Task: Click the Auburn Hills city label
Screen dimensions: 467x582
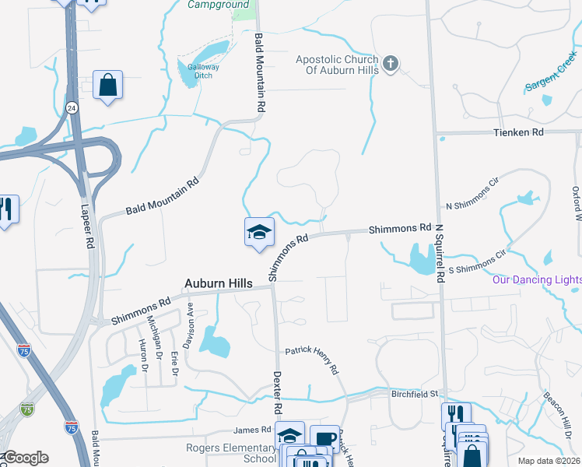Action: pyautogui.click(x=218, y=284)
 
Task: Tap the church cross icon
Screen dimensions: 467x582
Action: pyautogui.click(x=391, y=62)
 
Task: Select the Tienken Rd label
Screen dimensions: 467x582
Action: pyautogui.click(x=517, y=132)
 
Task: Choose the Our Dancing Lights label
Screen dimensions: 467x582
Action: pyautogui.click(x=537, y=279)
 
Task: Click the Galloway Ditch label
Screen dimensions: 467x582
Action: pyautogui.click(x=198, y=71)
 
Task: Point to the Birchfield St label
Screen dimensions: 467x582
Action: pyautogui.click(x=415, y=395)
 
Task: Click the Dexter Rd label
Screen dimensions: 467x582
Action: pyautogui.click(x=277, y=392)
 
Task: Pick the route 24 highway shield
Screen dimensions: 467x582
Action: pyautogui.click(x=72, y=107)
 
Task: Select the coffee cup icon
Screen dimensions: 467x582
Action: pyautogui.click(x=324, y=439)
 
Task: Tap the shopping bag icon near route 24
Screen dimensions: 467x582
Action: pyautogui.click(x=107, y=85)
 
